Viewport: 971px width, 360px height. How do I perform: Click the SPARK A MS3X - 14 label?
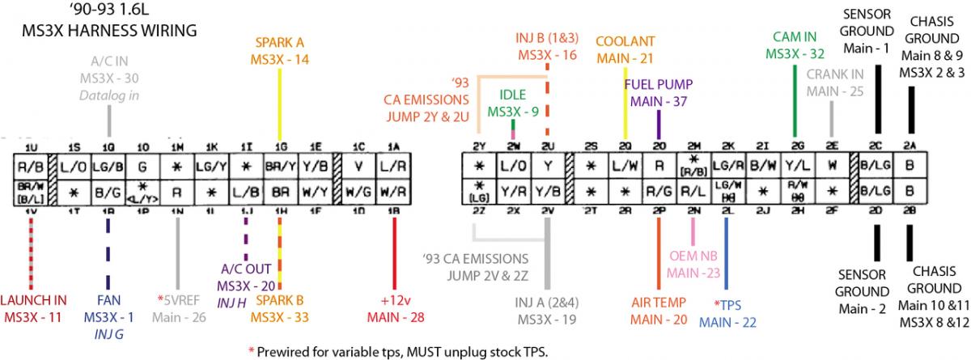tap(280, 51)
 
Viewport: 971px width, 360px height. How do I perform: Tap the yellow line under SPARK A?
tap(280, 105)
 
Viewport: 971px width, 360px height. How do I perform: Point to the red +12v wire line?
tap(394, 251)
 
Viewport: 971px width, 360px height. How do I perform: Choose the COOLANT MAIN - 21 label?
tap(624, 50)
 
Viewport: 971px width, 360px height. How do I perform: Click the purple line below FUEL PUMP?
tap(659, 125)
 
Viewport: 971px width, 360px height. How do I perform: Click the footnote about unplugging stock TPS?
tap(403, 351)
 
